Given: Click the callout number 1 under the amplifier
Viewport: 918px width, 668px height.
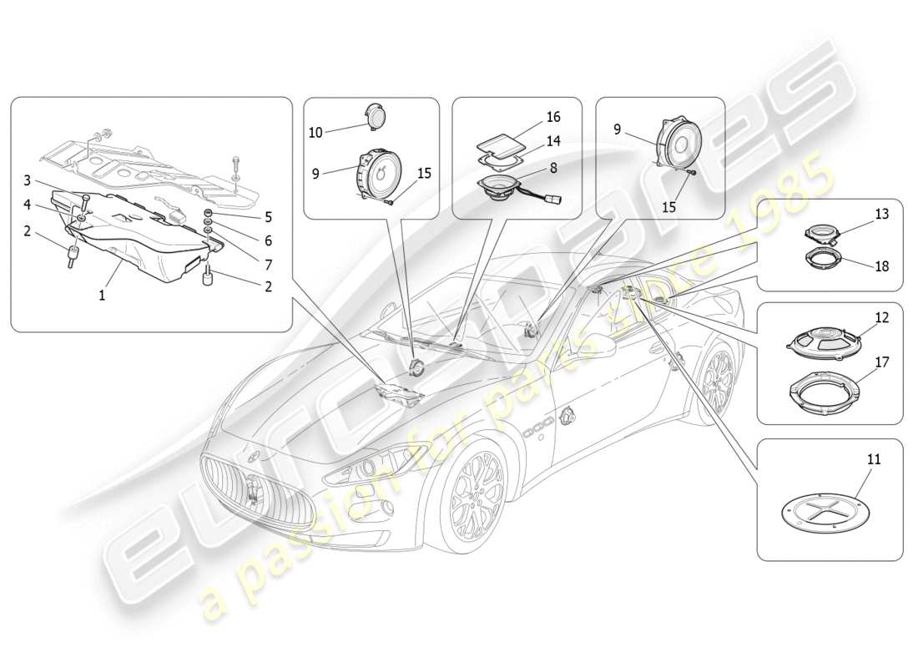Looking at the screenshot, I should tap(103, 296).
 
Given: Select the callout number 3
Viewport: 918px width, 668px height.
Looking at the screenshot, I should tap(27, 180).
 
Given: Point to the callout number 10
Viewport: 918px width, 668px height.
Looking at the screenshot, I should tap(315, 132).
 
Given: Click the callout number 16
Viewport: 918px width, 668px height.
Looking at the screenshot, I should tap(552, 117).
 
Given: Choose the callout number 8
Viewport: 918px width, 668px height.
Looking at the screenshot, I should tap(552, 167).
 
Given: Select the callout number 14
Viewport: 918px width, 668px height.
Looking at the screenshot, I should tap(552, 142).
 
